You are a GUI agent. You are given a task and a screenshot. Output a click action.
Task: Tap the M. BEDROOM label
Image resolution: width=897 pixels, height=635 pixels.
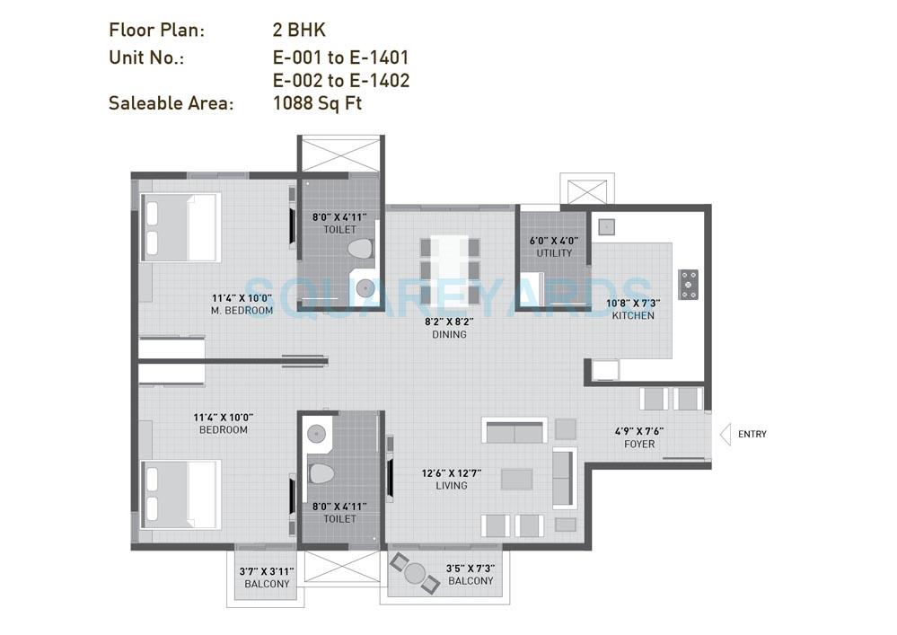pos(242,311)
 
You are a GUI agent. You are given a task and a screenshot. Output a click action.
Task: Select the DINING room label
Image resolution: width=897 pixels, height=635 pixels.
pos(449,335)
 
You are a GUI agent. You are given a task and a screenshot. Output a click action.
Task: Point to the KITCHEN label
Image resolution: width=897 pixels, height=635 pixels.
pos(633,315)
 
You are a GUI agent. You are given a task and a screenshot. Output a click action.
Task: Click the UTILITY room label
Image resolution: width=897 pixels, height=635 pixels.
pos(554,253)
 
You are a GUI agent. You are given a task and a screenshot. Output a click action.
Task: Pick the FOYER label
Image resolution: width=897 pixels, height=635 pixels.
pos(639,444)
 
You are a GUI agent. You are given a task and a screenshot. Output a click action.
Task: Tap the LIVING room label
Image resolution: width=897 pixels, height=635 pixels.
pos(451,486)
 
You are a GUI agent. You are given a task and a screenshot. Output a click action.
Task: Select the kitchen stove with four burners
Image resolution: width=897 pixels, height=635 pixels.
pos(689,284)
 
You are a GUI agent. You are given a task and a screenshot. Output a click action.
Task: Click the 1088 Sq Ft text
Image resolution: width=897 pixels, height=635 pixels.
pos(317,103)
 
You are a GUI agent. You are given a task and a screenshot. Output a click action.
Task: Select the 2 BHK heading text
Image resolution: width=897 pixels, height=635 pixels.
pos(299,31)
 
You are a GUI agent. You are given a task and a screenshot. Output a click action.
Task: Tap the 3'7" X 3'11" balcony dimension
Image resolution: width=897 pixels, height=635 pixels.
pos(267,571)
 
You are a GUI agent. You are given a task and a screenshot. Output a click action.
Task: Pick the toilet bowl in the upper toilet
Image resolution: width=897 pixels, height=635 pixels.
pos(359,250)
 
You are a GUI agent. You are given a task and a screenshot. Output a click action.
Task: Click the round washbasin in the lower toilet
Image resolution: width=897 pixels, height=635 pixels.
pos(316,434)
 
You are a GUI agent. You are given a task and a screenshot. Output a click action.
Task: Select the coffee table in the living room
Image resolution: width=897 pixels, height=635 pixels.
pos(516,479)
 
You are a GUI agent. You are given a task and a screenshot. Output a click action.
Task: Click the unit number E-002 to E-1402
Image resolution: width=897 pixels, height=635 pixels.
pos(341,81)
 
